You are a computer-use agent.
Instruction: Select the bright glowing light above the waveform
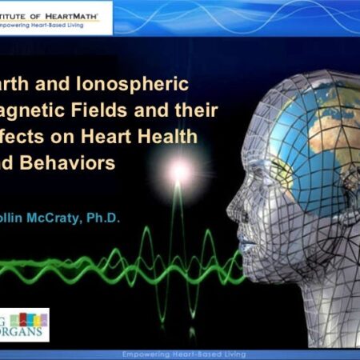[178, 170]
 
